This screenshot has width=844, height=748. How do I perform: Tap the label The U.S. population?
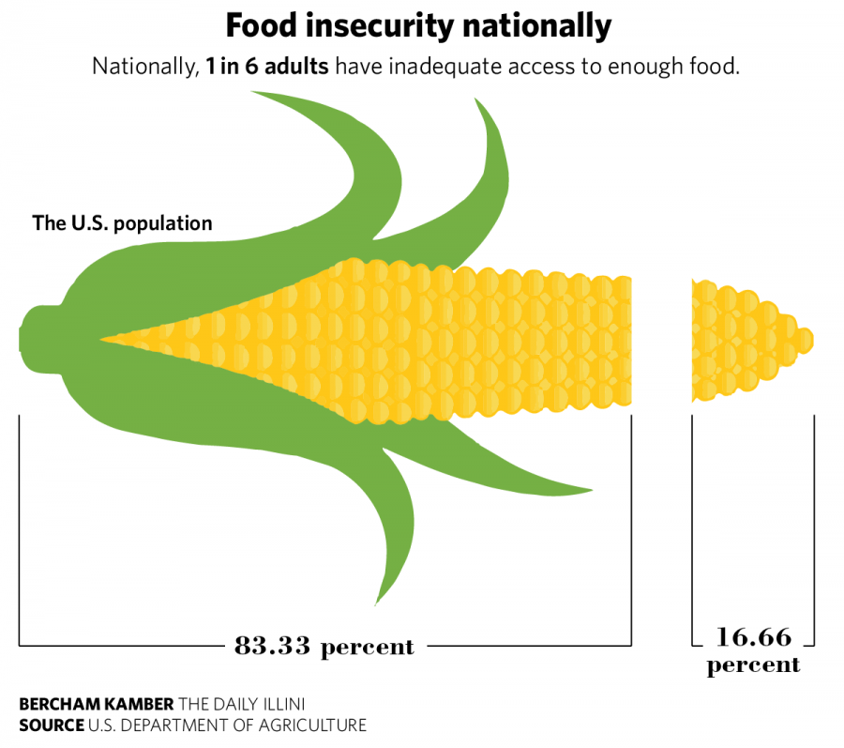click(122, 223)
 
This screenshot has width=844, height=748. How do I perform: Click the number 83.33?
click(273, 646)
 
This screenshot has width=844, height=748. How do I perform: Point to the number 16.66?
click(753, 638)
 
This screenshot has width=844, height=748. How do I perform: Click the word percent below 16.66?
click(753, 665)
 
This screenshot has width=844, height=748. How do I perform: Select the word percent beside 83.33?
click(368, 647)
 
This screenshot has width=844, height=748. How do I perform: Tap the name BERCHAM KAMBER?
click(96, 704)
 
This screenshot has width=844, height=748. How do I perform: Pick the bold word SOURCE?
click(51, 725)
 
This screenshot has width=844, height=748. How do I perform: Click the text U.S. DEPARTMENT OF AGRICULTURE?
click(227, 725)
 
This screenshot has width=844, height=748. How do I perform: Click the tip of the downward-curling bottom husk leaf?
click(378, 602)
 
